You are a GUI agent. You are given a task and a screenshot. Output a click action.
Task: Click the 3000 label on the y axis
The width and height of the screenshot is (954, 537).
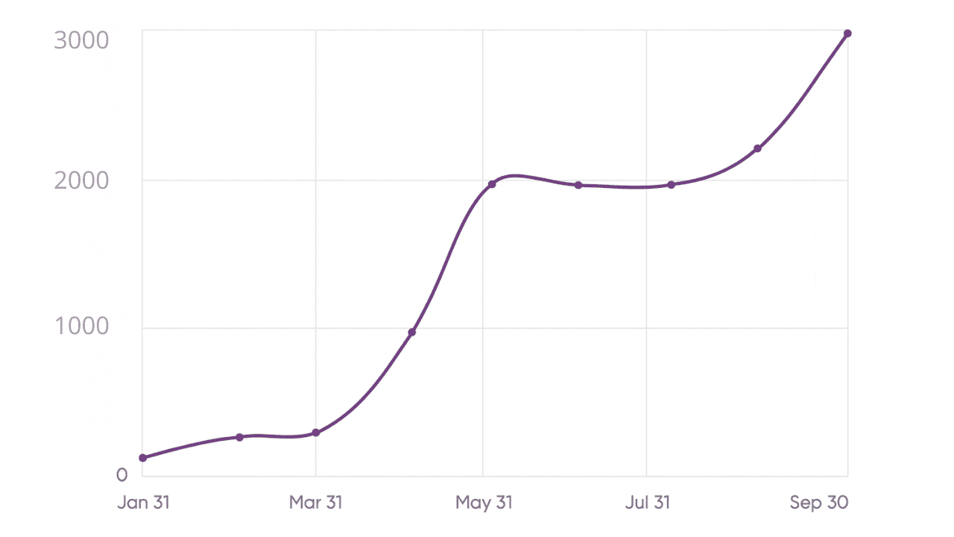[x=82, y=40]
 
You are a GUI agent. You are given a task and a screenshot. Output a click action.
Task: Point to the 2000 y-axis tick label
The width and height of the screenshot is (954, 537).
[x=82, y=180]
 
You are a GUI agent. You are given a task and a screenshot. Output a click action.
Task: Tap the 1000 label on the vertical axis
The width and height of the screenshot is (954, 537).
[x=82, y=327]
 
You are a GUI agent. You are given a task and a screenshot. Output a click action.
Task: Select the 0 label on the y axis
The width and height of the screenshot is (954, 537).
[x=122, y=475]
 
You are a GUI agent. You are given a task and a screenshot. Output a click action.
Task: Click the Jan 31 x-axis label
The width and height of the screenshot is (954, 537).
[x=144, y=503]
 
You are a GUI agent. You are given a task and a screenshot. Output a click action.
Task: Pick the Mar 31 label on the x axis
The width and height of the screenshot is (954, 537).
[x=315, y=503]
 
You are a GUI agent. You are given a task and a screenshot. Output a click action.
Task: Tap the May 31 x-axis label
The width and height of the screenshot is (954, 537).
[x=484, y=503]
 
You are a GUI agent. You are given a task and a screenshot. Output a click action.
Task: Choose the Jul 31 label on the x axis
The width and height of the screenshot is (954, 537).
[x=647, y=503]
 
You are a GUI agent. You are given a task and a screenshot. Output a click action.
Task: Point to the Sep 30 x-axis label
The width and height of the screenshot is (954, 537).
[x=819, y=503]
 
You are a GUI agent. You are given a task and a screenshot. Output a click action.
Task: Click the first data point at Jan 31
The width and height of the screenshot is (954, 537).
[x=143, y=458]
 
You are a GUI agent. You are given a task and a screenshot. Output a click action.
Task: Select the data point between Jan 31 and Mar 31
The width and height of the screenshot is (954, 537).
[x=239, y=437]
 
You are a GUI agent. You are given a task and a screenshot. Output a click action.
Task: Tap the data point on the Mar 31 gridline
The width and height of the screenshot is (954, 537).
[x=316, y=433]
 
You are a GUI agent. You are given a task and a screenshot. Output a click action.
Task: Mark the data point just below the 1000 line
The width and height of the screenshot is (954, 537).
[x=412, y=332]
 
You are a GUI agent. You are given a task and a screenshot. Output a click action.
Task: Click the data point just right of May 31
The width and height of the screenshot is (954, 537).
[x=492, y=184]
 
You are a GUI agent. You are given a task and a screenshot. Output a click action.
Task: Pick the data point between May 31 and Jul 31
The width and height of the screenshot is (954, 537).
[x=578, y=185]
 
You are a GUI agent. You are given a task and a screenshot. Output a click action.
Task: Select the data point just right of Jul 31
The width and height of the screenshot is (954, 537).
[x=672, y=185]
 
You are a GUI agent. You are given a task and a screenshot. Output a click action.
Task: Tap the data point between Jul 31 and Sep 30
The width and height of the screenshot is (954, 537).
[x=757, y=148]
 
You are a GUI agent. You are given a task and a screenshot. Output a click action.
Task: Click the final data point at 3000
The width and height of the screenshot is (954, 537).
[x=847, y=34]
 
